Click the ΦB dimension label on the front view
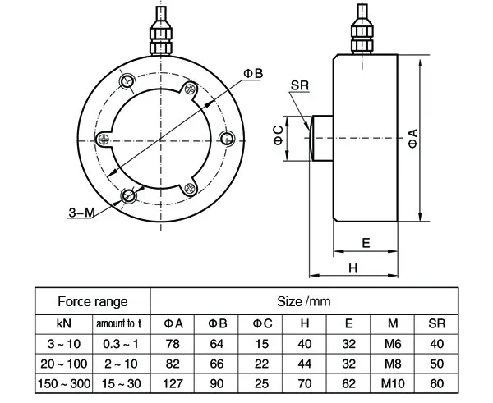coord(252,74)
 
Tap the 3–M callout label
coord(80,213)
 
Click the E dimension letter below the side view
coord(366,243)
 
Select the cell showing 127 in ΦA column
coord(173,382)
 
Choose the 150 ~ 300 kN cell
coord(64,382)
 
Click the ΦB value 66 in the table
coord(218,362)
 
